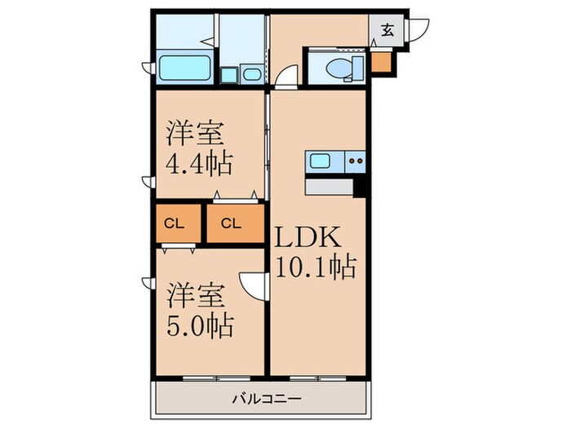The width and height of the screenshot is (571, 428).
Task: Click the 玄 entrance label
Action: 388,31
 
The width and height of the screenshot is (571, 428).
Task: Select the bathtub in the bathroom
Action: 184,68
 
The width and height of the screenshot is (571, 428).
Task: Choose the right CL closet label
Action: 231,223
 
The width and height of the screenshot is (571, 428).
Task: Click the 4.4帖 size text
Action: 200,161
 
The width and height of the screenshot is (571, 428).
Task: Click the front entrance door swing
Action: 417,30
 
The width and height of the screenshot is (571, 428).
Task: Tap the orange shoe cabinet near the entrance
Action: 380,61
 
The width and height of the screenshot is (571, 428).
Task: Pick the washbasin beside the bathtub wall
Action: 251,76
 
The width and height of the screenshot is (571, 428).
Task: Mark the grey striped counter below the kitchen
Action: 330,187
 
